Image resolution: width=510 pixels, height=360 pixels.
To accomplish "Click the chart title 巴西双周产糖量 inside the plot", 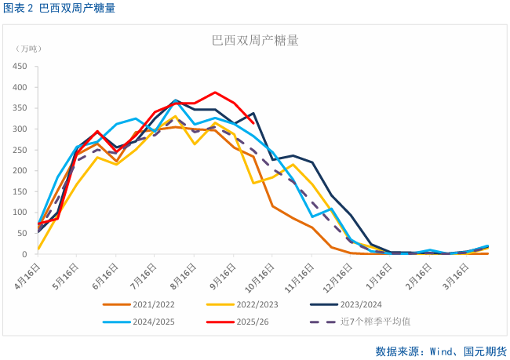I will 255,41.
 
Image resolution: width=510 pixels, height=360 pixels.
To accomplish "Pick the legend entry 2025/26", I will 247,321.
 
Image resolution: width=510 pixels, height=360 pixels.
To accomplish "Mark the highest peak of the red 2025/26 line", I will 214,92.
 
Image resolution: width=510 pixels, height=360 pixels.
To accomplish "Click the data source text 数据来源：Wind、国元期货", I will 439,350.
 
